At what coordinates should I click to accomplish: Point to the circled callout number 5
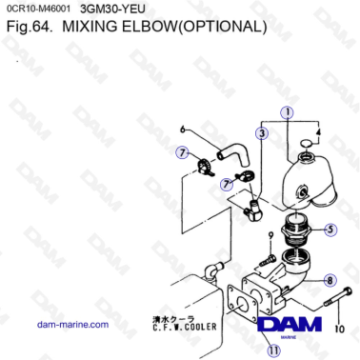tap(330, 229)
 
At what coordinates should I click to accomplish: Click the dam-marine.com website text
tap(72, 325)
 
